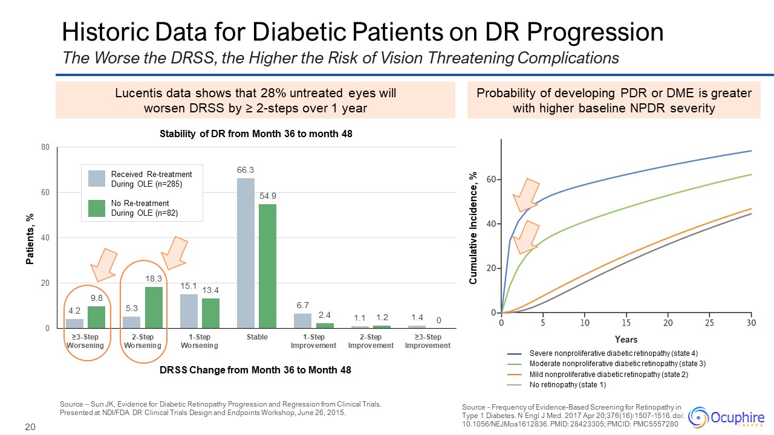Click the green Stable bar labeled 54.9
tap(267, 266)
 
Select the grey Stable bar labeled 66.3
tap(246, 253)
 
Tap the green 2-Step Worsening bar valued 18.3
tap(154, 308)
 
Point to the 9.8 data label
tap(97, 298)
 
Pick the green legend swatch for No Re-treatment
tap(97, 208)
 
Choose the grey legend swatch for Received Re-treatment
tap(97, 178)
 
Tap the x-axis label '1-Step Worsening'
tap(200, 341)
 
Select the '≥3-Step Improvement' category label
tap(428, 341)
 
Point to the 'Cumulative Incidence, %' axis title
tap(473, 228)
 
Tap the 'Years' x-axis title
tap(626, 339)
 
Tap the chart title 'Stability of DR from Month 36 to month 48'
tap(256, 135)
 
